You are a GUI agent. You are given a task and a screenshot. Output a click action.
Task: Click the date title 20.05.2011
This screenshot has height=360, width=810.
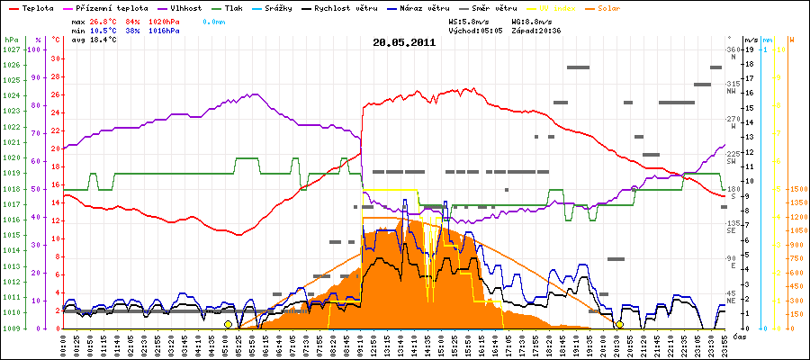[404, 42]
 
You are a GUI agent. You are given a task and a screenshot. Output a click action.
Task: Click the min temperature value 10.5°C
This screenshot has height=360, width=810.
[104, 30]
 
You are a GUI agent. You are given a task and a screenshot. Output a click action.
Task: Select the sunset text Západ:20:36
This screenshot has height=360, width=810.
[537, 30]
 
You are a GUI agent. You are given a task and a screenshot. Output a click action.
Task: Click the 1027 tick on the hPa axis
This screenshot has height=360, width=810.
[11, 49]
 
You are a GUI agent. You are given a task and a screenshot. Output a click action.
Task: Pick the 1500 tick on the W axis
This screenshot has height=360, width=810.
[796, 189]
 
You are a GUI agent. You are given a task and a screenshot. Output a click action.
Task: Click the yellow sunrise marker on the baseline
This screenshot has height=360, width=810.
[228, 324]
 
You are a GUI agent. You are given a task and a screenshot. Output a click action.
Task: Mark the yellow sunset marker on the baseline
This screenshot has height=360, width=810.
[619, 324]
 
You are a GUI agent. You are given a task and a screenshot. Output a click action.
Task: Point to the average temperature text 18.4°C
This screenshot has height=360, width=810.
[104, 40]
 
